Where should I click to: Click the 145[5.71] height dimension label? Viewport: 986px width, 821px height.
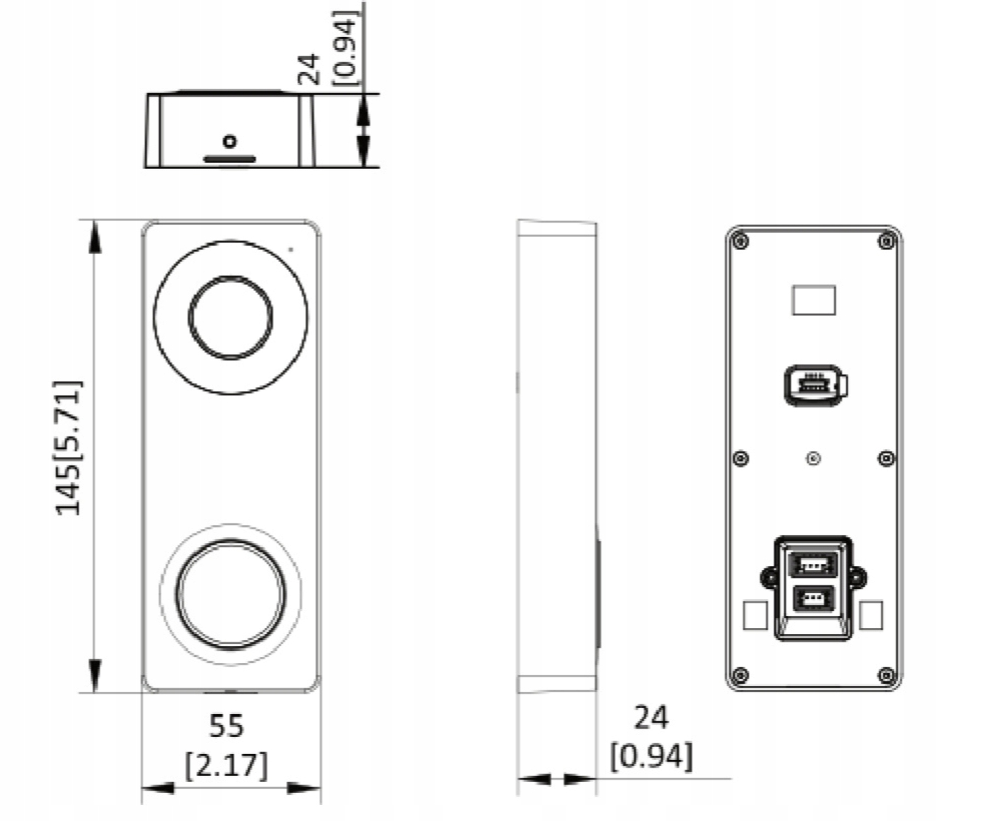(x=69, y=447)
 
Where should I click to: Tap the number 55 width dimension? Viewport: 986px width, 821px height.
(x=226, y=726)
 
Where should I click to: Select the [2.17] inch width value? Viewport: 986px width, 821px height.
(x=226, y=765)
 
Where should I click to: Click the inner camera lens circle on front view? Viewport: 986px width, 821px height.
(x=231, y=317)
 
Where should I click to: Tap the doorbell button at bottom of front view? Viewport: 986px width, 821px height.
(x=231, y=595)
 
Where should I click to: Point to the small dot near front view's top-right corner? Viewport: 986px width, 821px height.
(x=291, y=250)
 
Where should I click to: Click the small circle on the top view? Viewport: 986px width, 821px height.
(x=230, y=142)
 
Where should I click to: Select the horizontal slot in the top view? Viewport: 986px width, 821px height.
(x=230, y=160)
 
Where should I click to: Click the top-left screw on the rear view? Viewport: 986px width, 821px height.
(x=741, y=241)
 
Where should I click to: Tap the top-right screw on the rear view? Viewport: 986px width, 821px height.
(x=887, y=241)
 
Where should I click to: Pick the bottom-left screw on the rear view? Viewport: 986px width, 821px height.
(x=741, y=675)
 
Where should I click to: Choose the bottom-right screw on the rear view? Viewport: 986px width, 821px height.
(x=887, y=675)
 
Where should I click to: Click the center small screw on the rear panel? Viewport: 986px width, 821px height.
(x=814, y=458)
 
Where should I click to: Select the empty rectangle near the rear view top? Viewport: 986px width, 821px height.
(x=814, y=300)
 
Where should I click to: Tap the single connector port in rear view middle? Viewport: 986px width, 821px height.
(x=816, y=386)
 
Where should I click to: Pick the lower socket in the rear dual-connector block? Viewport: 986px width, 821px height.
(x=814, y=599)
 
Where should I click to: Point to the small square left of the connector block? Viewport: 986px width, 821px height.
(x=755, y=615)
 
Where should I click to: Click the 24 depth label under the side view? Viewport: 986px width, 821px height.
(x=651, y=718)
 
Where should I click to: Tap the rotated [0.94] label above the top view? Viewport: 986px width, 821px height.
(x=346, y=48)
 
